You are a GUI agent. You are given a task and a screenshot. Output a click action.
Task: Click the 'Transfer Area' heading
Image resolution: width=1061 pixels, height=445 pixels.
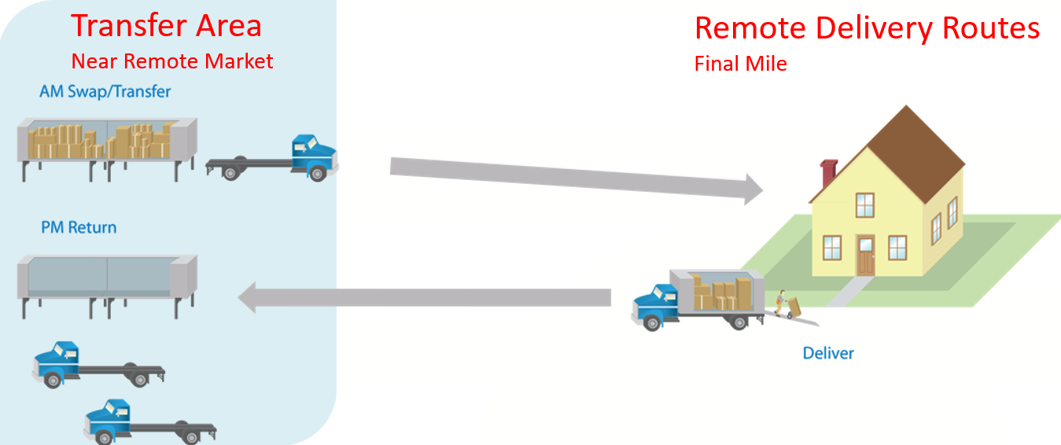(166, 26)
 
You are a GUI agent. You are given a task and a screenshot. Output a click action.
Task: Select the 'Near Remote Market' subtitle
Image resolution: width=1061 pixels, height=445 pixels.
(172, 61)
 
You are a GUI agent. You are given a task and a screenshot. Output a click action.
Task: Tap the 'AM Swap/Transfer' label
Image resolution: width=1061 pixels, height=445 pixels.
(105, 92)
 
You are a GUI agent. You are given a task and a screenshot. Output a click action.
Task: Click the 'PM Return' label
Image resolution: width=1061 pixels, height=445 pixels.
(79, 228)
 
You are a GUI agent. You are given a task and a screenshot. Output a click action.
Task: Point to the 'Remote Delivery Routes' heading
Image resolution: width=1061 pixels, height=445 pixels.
(867, 29)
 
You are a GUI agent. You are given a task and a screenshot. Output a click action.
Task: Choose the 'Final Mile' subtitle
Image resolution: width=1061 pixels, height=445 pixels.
(740, 64)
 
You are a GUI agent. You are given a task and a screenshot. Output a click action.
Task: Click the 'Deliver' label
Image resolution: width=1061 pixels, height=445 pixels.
(828, 353)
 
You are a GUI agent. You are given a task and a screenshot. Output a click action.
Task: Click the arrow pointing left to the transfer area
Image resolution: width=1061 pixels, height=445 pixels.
(425, 297)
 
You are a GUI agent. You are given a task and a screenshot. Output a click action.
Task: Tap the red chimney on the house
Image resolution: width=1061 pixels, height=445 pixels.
(828, 172)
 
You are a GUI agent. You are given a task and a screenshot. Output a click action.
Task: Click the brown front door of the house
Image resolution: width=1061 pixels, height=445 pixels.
(866, 255)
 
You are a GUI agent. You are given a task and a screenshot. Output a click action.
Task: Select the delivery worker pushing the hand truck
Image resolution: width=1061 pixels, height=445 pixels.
(781, 303)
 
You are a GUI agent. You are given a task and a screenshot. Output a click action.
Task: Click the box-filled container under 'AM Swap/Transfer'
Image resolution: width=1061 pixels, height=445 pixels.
(107, 142)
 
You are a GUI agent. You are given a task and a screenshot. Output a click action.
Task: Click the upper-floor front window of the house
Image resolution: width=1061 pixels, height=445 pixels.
(864, 205)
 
